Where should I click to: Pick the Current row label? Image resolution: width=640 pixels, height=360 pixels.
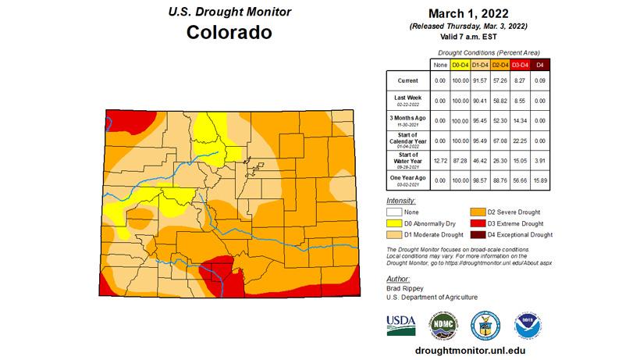coord(407,80)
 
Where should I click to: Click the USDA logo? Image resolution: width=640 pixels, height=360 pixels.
coord(401,323)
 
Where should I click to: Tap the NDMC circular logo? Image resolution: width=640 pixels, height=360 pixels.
coord(443,323)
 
